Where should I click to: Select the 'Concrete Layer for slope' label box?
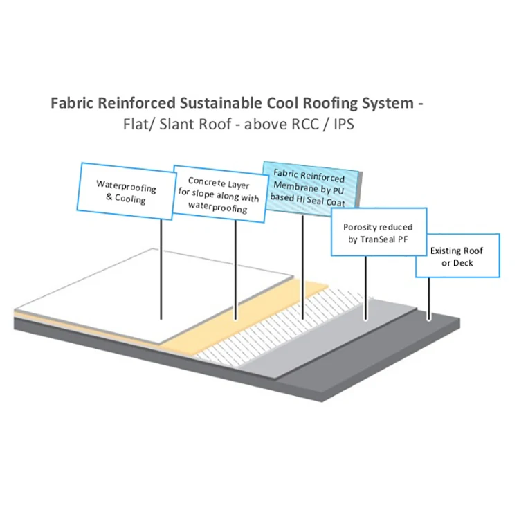click(x=219, y=193)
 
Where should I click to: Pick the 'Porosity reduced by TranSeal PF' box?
click(x=378, y=233)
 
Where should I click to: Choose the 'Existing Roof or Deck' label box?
click(x=456, y=257)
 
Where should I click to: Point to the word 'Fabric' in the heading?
click(x=72, y=104)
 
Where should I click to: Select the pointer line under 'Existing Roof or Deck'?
click(x=429, y=298)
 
